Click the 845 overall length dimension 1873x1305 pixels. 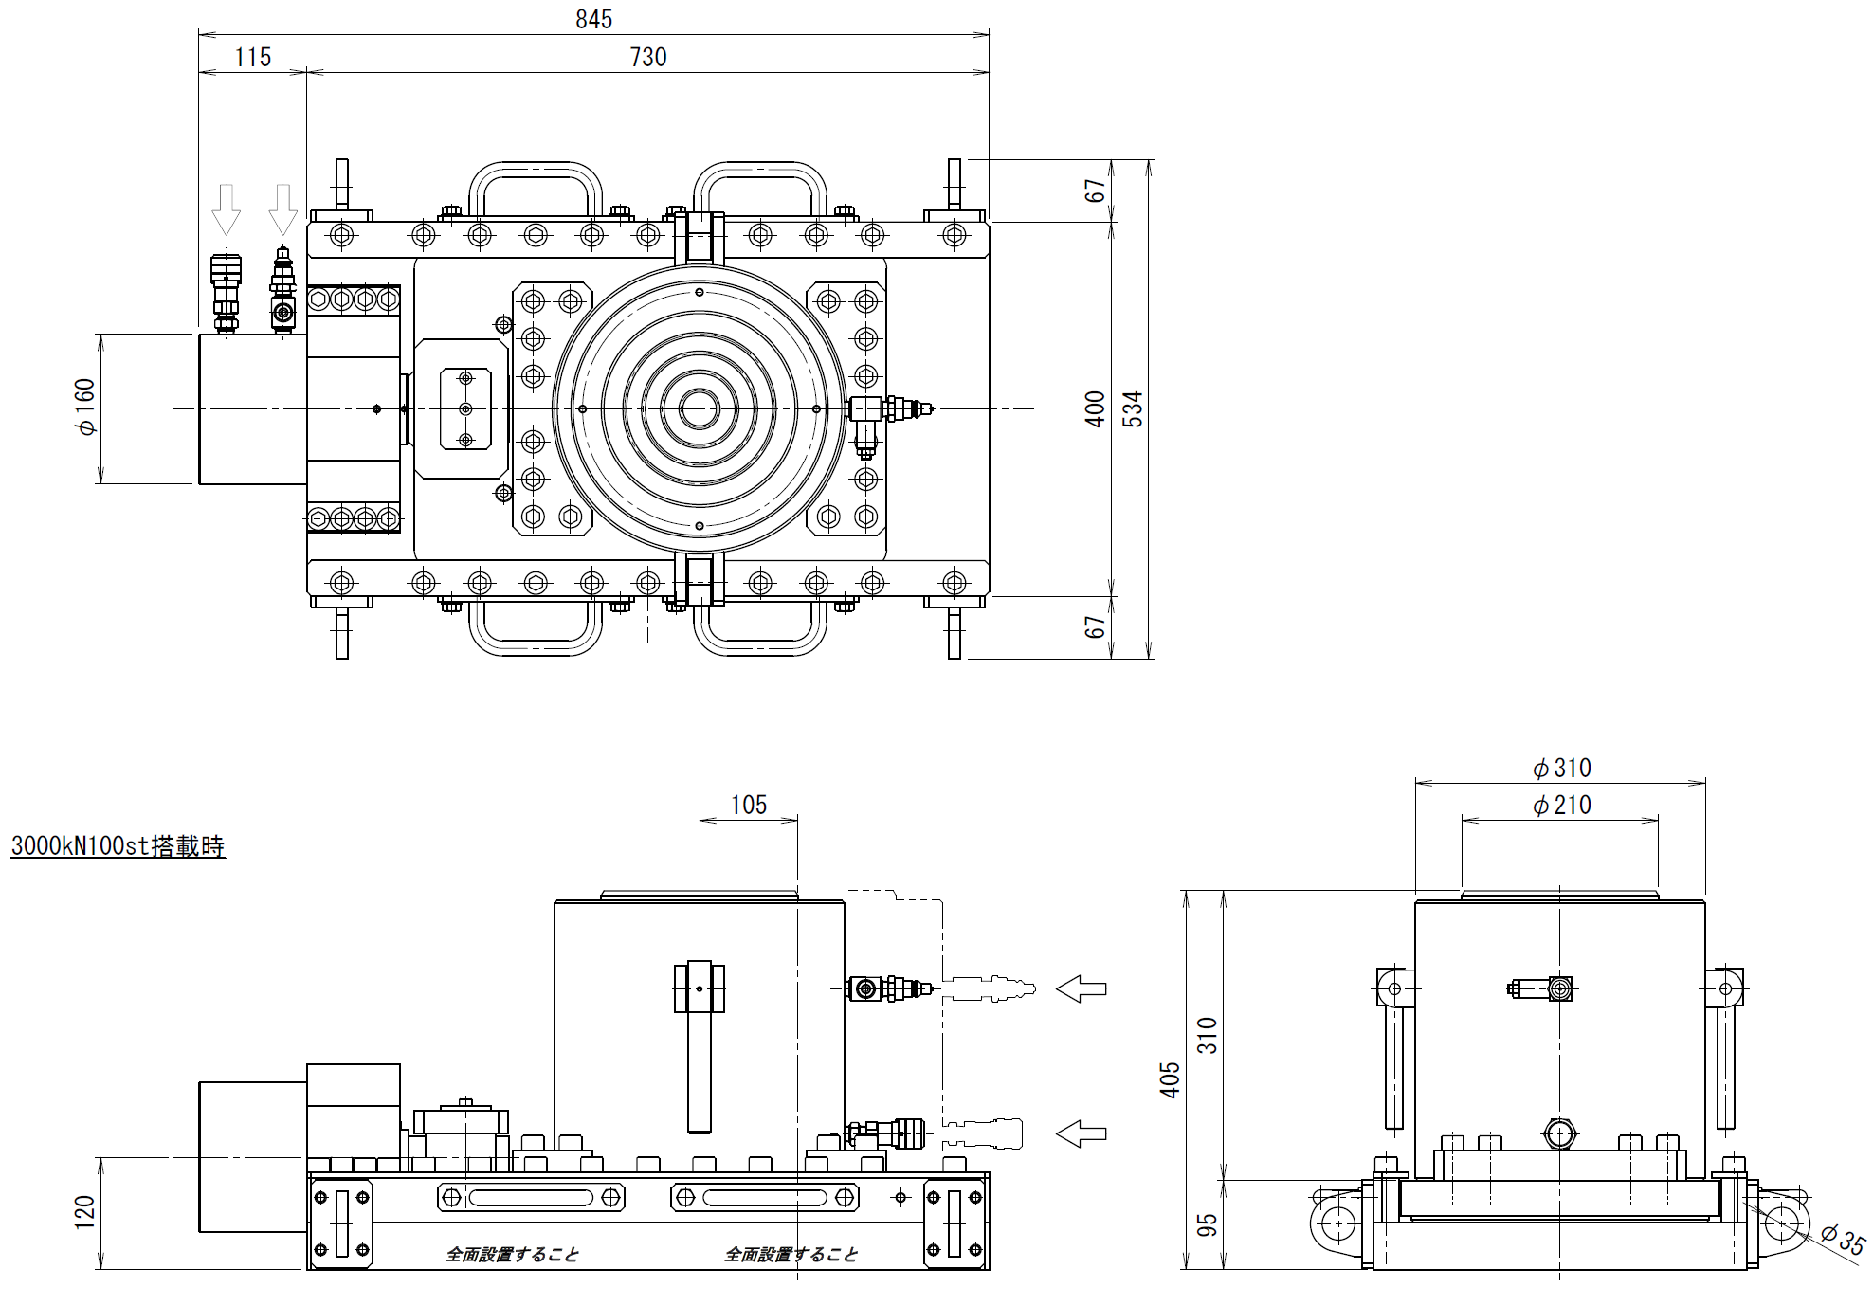point(593,19)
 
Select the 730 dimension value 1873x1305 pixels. point(648,58)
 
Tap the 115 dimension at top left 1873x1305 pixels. point(253,58)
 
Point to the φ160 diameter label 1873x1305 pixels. point(86,408)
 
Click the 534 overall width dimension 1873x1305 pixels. point(1133,408)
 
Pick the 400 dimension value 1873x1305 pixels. point(1095,408)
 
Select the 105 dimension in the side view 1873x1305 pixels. point(748,805)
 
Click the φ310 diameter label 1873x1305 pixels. point(1561,768)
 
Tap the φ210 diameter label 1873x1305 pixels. point(1561,806)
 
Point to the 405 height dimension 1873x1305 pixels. point(1171,1079)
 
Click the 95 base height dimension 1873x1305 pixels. point(1207,1225)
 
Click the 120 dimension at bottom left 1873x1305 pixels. point(84,1213)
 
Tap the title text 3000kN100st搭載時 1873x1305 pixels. point(118,845)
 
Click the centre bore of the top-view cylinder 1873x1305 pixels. point(700,408)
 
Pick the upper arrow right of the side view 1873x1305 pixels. point(1082,988)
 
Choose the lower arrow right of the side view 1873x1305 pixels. point(1082,1133)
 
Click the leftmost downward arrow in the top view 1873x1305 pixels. point(226,208)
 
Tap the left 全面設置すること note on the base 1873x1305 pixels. point(512,1254)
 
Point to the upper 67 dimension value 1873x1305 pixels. point(1096,190)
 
